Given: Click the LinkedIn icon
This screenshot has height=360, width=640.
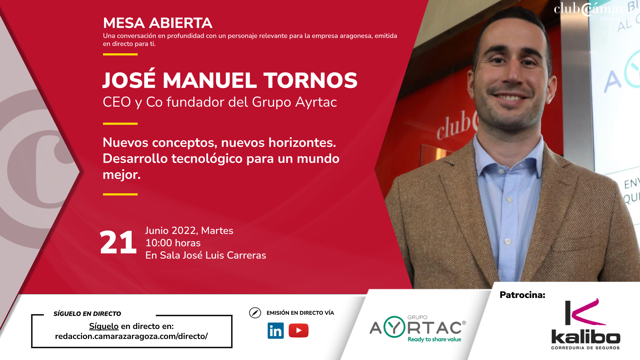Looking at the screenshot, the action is coord(276,331).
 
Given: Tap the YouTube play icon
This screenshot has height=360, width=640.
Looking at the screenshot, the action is coord(299,330).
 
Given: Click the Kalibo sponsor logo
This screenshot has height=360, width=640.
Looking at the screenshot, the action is coord(586,324).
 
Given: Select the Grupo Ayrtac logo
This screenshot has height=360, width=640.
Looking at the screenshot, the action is coord(418,329).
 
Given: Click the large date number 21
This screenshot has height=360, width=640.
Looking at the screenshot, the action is coord(118,242).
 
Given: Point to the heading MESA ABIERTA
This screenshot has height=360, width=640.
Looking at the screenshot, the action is coord(158,23).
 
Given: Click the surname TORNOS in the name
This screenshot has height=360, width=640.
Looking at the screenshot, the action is coord(310,80).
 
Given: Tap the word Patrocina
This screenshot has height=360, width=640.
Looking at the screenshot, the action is coord(522,295).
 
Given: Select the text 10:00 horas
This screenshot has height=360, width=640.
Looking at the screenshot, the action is coord(173,243).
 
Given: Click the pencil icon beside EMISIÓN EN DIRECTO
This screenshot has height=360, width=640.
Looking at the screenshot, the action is coord(255,313).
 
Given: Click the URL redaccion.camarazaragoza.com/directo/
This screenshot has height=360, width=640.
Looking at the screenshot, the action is coord(131,336).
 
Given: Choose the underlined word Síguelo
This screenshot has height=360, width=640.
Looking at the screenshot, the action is coord(104,326).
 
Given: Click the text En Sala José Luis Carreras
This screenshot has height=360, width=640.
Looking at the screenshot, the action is coord(206,255).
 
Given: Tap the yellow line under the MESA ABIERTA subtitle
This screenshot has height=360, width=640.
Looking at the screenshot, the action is coord(120,54).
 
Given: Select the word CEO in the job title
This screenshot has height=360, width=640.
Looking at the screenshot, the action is coord(117,102).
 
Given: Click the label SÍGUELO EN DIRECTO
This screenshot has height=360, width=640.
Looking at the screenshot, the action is coord(87,314).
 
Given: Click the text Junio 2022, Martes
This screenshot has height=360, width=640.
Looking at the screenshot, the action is coord(189,231).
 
